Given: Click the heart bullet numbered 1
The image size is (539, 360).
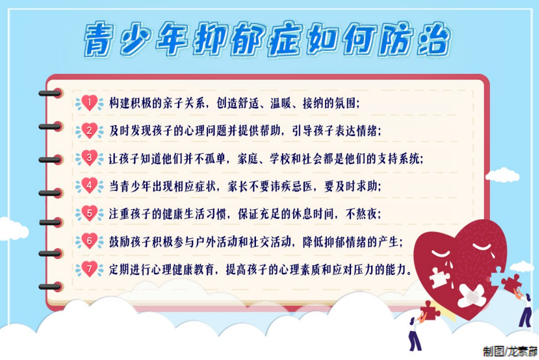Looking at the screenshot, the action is click(89, 103).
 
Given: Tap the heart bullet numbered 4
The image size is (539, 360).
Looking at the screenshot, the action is click(89, 186).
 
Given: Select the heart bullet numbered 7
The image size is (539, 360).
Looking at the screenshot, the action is click(89, 269).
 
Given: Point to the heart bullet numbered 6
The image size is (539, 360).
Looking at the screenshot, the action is click(89, 241).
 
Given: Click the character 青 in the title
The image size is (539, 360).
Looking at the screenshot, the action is click(99, 39).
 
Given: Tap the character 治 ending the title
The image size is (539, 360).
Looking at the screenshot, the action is click(434, 39).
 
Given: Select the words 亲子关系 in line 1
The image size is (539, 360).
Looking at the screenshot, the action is click(184, 103).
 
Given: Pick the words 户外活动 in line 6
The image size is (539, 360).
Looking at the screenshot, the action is click(216, 242).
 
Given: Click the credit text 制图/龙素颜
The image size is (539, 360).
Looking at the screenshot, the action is click(511, 351).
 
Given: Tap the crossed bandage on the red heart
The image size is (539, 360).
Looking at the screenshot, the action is click(472, 296).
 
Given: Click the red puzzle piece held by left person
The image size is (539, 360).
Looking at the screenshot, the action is click(430, 310).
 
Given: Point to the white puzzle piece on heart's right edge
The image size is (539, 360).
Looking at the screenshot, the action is click(497, 277).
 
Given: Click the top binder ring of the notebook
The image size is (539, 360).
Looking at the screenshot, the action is click(51, 93).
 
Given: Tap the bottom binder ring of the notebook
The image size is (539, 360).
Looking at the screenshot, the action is click(51, 287).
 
